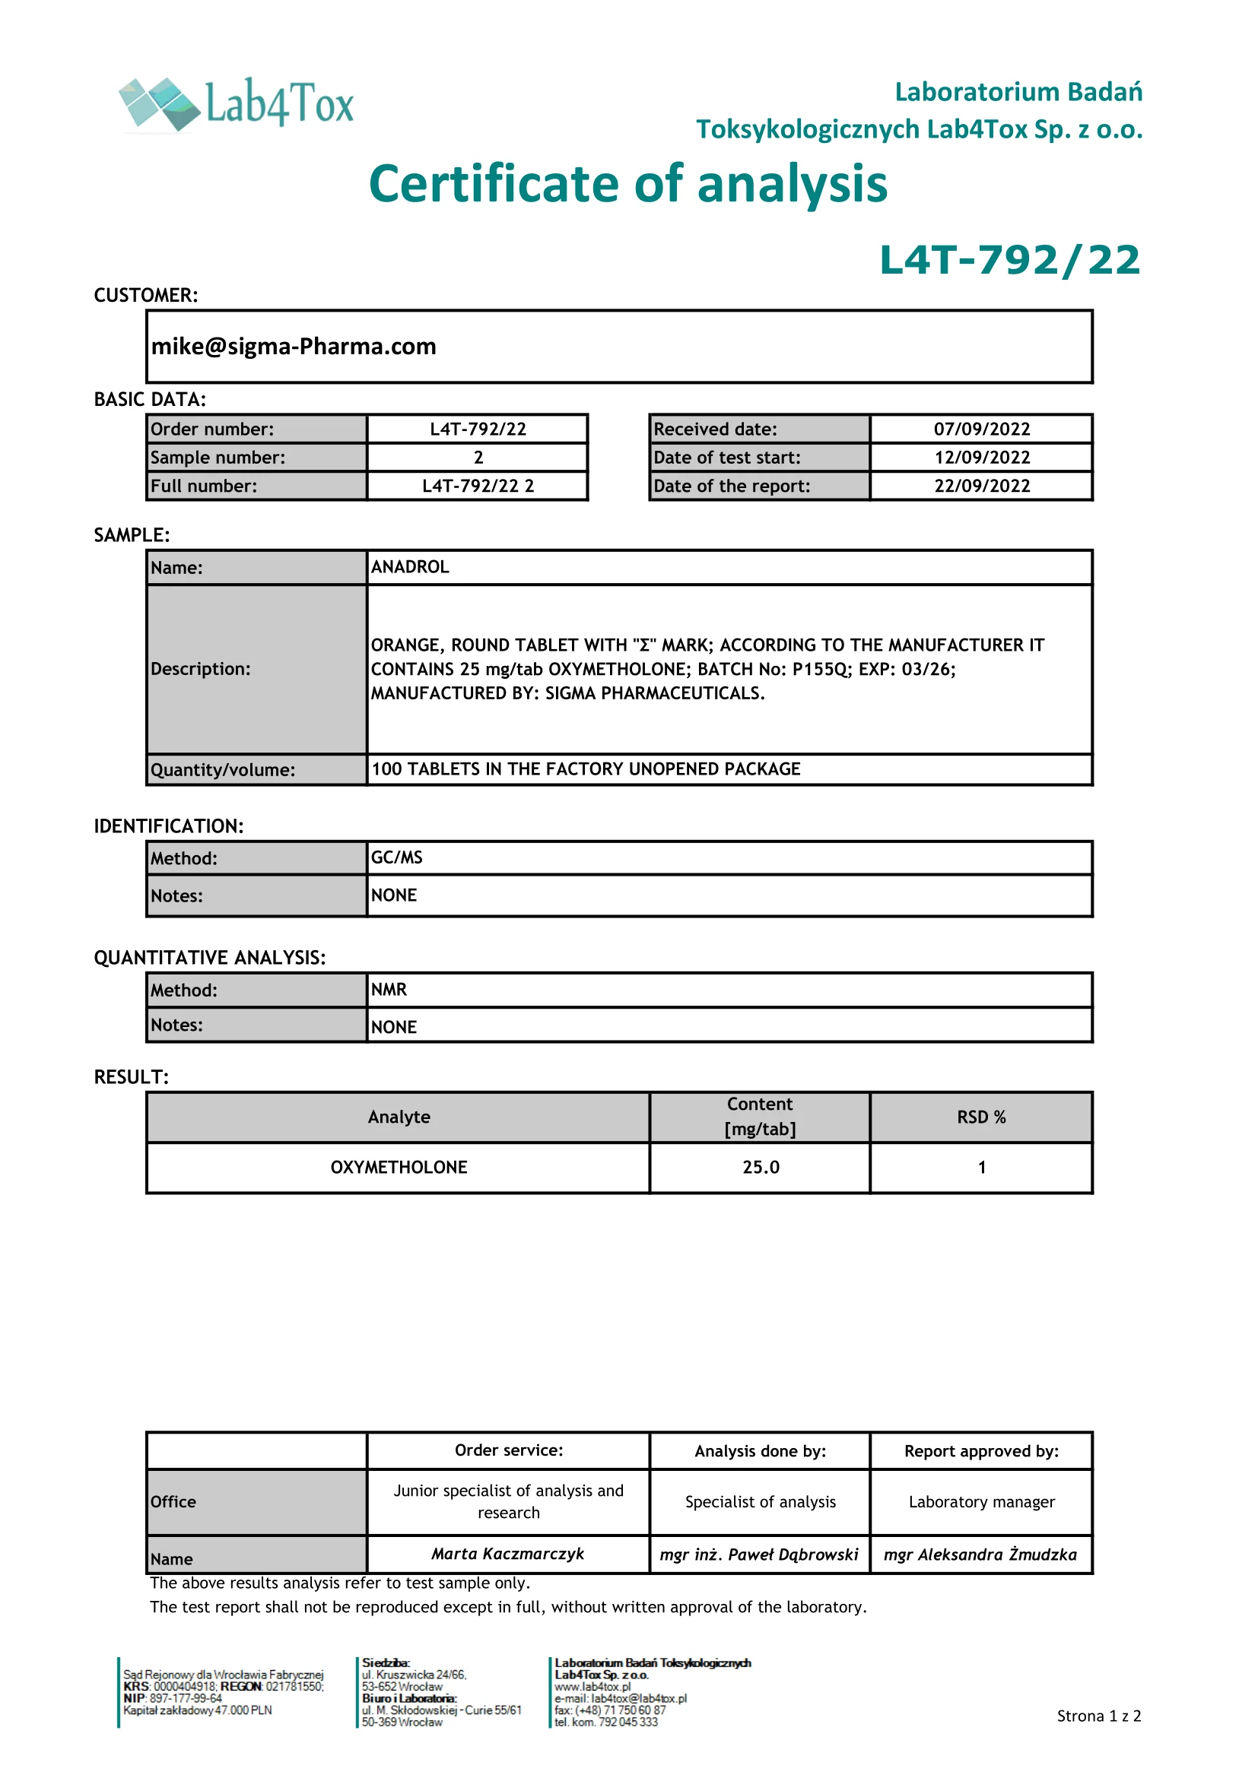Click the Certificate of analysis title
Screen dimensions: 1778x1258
(627, 184)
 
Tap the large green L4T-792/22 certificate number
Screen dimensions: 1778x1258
(1009, 260)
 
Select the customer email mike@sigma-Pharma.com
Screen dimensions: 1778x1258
(294, 346)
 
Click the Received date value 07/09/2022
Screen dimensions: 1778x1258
(981, 429)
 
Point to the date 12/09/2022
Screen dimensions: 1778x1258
(981, 458)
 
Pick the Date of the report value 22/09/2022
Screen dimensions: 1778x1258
(981, 486)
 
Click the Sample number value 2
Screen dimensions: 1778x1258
(478, 458)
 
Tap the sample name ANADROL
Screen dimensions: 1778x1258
(410, 567)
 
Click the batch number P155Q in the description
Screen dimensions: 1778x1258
(821, 669)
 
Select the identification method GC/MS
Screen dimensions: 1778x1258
(396, 857)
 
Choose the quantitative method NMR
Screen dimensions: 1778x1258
(389, 990)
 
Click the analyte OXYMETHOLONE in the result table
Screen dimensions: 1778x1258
(399, 1167)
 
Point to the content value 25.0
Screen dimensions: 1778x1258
(761, 1167)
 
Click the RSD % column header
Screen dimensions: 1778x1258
(980, 1117)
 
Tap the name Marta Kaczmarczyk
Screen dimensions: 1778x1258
(508, 1554)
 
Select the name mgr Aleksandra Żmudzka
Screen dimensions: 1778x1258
(980, 1555)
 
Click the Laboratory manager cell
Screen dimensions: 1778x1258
(981, 1501)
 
